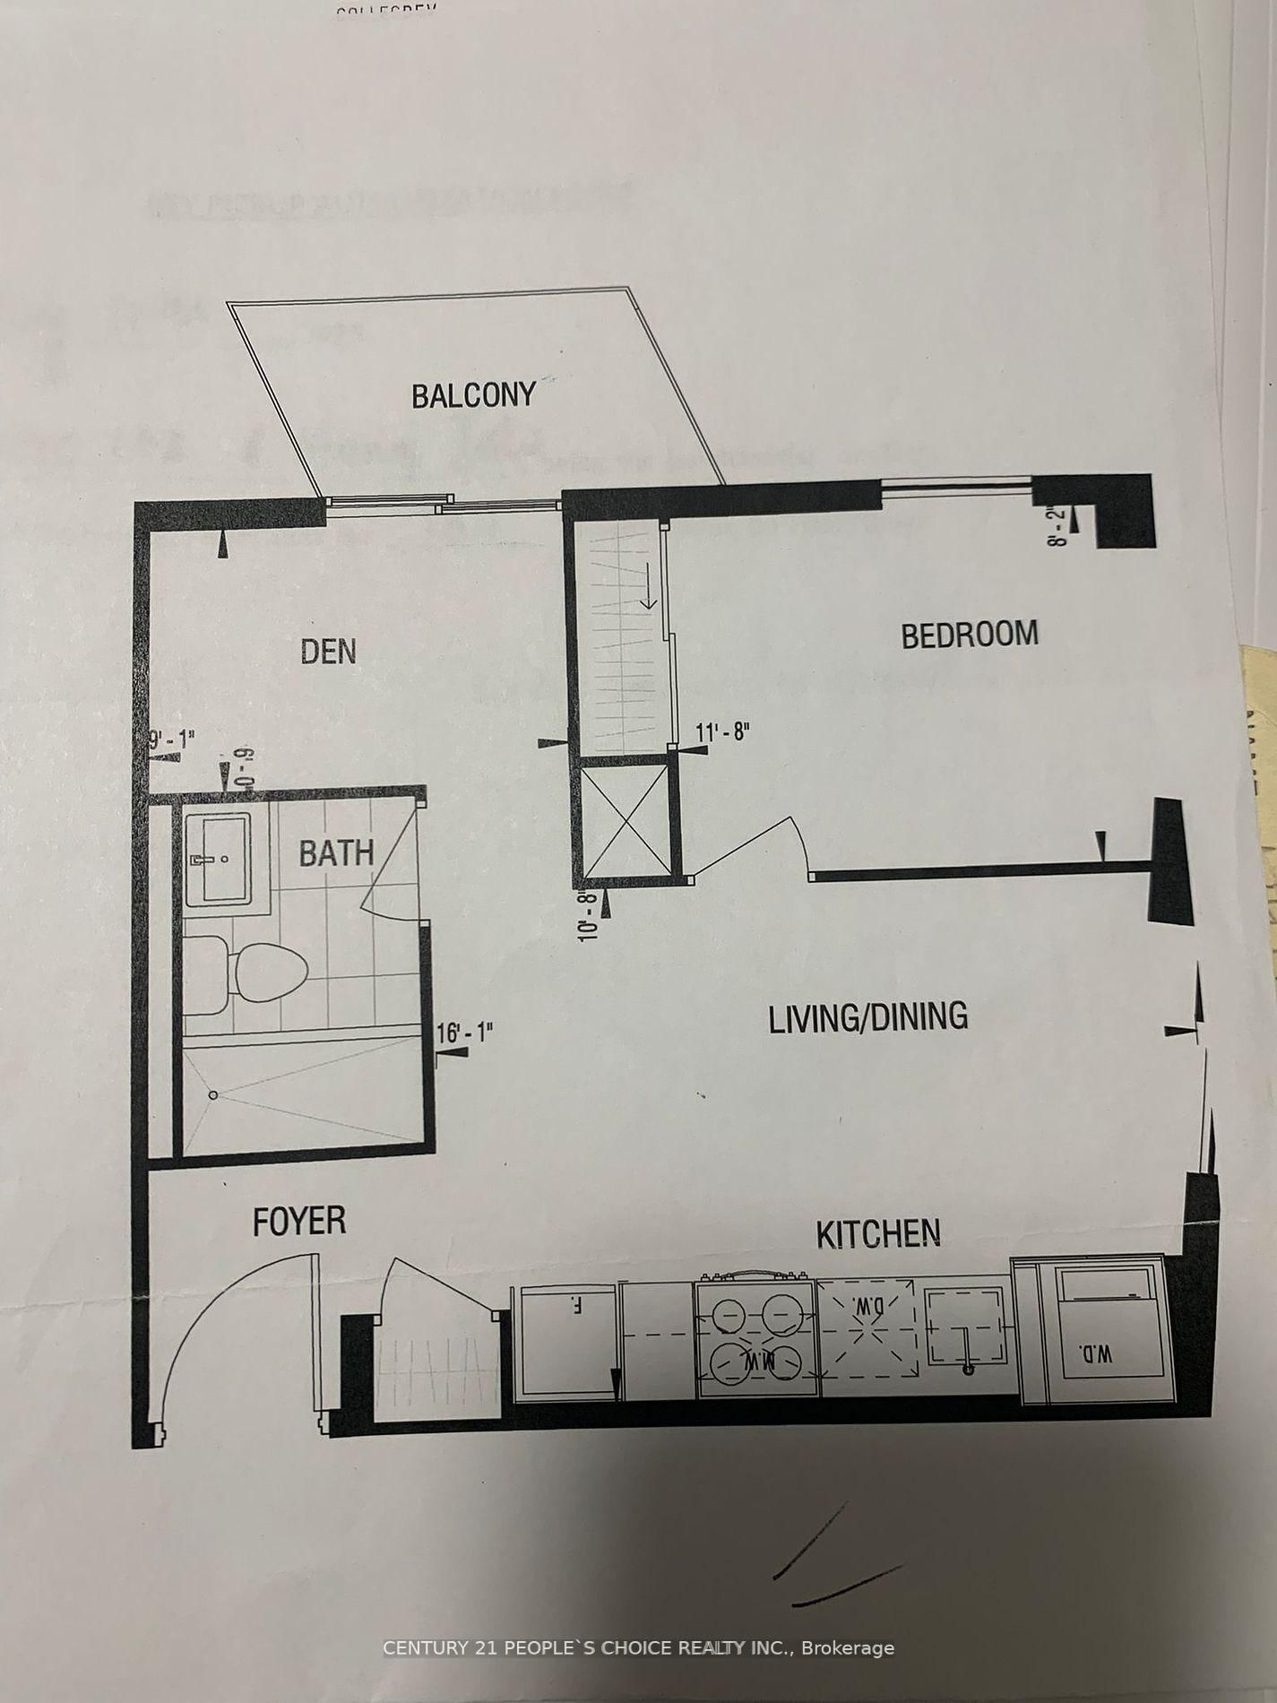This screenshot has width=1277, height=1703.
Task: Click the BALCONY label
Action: coord(473,395)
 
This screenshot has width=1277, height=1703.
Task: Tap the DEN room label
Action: coord(328,651)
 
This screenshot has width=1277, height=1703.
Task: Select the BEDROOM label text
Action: coord(969,634)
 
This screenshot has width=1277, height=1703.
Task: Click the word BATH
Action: coord(336,852)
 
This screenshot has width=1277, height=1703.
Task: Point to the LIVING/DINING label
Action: coord(868,1016)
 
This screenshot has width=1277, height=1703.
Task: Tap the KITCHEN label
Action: coord(877,1234)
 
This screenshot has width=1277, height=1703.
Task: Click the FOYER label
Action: coord(299,1222)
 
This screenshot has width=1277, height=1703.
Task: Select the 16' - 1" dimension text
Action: coord(464,1033)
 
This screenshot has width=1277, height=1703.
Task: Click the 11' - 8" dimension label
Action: coord(721,732)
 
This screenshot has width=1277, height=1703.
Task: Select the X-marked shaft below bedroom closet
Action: coord(626,817)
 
